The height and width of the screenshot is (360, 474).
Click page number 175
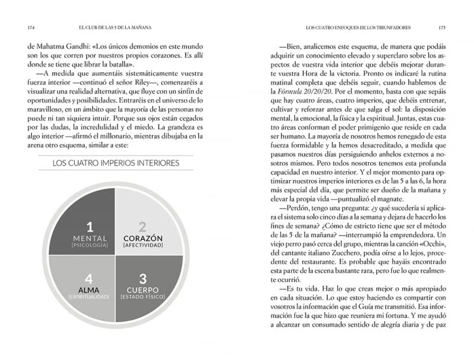click(441, 27)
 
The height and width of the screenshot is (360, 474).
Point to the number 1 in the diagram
click(90, 226)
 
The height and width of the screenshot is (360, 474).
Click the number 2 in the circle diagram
click(142, 226)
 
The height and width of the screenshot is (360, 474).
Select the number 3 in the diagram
click(142, 277)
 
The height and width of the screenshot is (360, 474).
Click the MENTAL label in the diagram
click(90, 238)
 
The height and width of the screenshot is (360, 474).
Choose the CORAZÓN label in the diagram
click(142, 238)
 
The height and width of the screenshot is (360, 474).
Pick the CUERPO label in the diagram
click(142, 290)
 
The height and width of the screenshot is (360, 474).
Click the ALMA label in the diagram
click(90, 290)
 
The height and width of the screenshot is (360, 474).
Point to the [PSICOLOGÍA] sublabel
click(90, 245)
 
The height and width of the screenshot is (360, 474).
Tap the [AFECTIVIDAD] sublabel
click(142, 245)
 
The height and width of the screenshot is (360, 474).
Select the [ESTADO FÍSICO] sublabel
click(142, 297)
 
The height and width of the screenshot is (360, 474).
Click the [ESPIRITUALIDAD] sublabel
click(90, 297)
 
